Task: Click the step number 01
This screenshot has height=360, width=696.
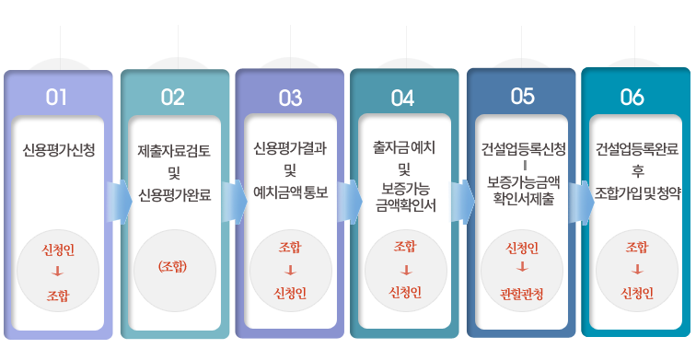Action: pyautogui.click(x=56, y=98)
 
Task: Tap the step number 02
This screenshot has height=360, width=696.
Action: pyautogui.click(x=173, y=98)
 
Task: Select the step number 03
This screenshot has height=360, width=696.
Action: pyautogui.click(x=290, y=99)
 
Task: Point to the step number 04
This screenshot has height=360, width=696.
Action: pyautogui.click(x=402, y=99)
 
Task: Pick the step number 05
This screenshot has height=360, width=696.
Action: pyautogui.click(x=522, y=97)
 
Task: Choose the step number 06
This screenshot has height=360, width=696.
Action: pyautogui.click(x=632, y=97)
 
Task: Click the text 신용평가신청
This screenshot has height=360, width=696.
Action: pyautogui.click(x=59, y=150)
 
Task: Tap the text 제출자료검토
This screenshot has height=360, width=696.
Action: pyautogui.click(x=174, y=151)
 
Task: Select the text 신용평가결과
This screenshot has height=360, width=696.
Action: pyautogui.click(x=290, y=148)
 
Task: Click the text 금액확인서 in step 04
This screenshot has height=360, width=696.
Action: pyautogui.click(x=406, y=205)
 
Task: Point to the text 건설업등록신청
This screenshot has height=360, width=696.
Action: pyautogui.click(x=524, y=149)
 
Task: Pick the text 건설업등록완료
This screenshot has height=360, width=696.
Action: pyautogui.click(x=637, y=149)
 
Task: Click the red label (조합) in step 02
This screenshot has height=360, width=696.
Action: pyautogui.click(x=173, y=266)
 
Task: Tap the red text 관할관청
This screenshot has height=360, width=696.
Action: pyautogui.click(x=522, y=294)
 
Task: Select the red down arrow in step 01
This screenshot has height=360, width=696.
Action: pyautogui.click(x=58, y=272)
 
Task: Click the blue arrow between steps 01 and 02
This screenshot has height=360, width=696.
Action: pyautogui.click(x=119, y=202)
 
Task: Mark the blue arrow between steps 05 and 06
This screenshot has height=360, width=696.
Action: pyautogui.click(x=582, y=202)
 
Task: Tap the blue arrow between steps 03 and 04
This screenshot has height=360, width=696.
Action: pyautogui.click(x=350, y=202)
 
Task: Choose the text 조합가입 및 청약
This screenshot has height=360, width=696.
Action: pyautogui.click(x=637, y=193)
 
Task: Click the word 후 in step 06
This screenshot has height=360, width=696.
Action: pyautogui.click(x=637, y=171)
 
